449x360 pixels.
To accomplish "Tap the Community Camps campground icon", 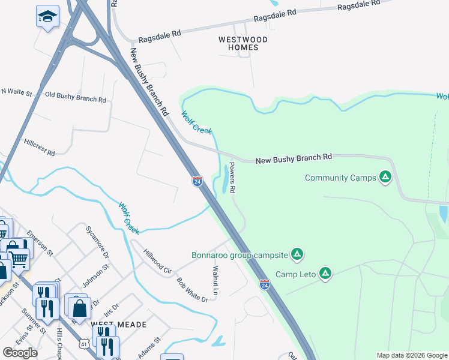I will pyautogui.click(x=385, y=177).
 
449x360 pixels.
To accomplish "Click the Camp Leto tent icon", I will pyautogui.click(x=325, y=274).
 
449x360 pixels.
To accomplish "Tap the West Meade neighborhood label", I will pyautogui.click(x=119, y=324).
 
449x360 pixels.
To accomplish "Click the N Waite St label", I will pyautogui.click(x=16, y=91).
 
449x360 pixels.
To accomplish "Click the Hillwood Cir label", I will pyautogui.click(x=157, y=262).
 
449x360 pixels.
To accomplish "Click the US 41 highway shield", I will pyautogui.click(x=85, y=343).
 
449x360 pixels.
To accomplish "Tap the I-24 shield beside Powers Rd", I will pyautogui.click(x=197, y=181).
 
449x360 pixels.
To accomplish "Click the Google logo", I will pyautogui.click(x=20, y=353).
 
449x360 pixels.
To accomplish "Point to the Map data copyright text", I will pyautogui.click(x=412, y=355).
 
